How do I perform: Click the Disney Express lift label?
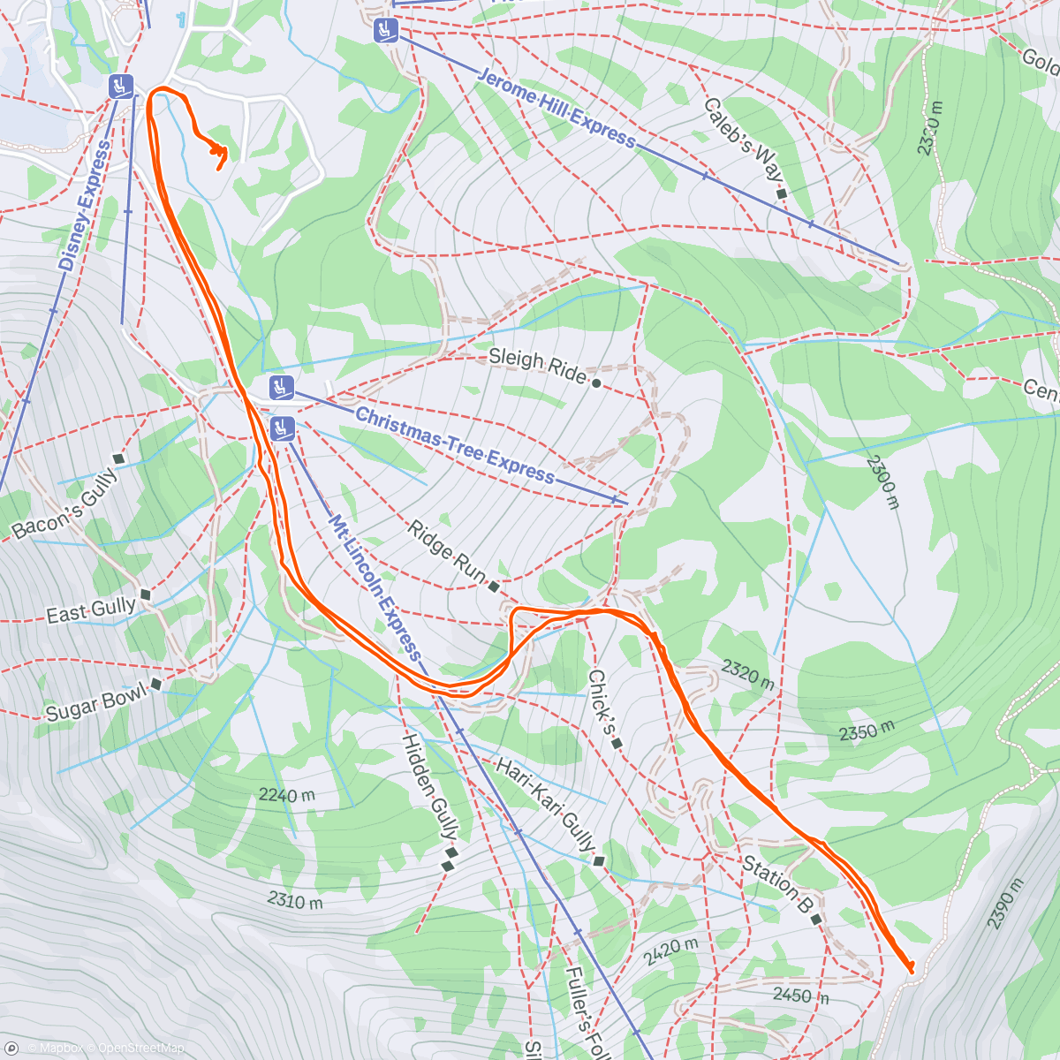coord(86,206)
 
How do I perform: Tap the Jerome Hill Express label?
coord(556,108)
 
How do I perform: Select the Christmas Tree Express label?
coord(455,445)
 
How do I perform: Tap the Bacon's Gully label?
coord(64,504)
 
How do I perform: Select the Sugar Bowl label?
coord(96,704)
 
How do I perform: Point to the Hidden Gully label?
coord(430,786)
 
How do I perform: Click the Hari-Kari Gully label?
coord(545,805)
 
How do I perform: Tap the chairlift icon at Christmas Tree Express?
coord(281,386)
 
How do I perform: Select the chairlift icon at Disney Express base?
coord(120,87)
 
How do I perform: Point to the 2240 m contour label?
coord(287,795)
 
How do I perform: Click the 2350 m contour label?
coord(867,731)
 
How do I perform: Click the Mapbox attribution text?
coord(56,1049)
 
